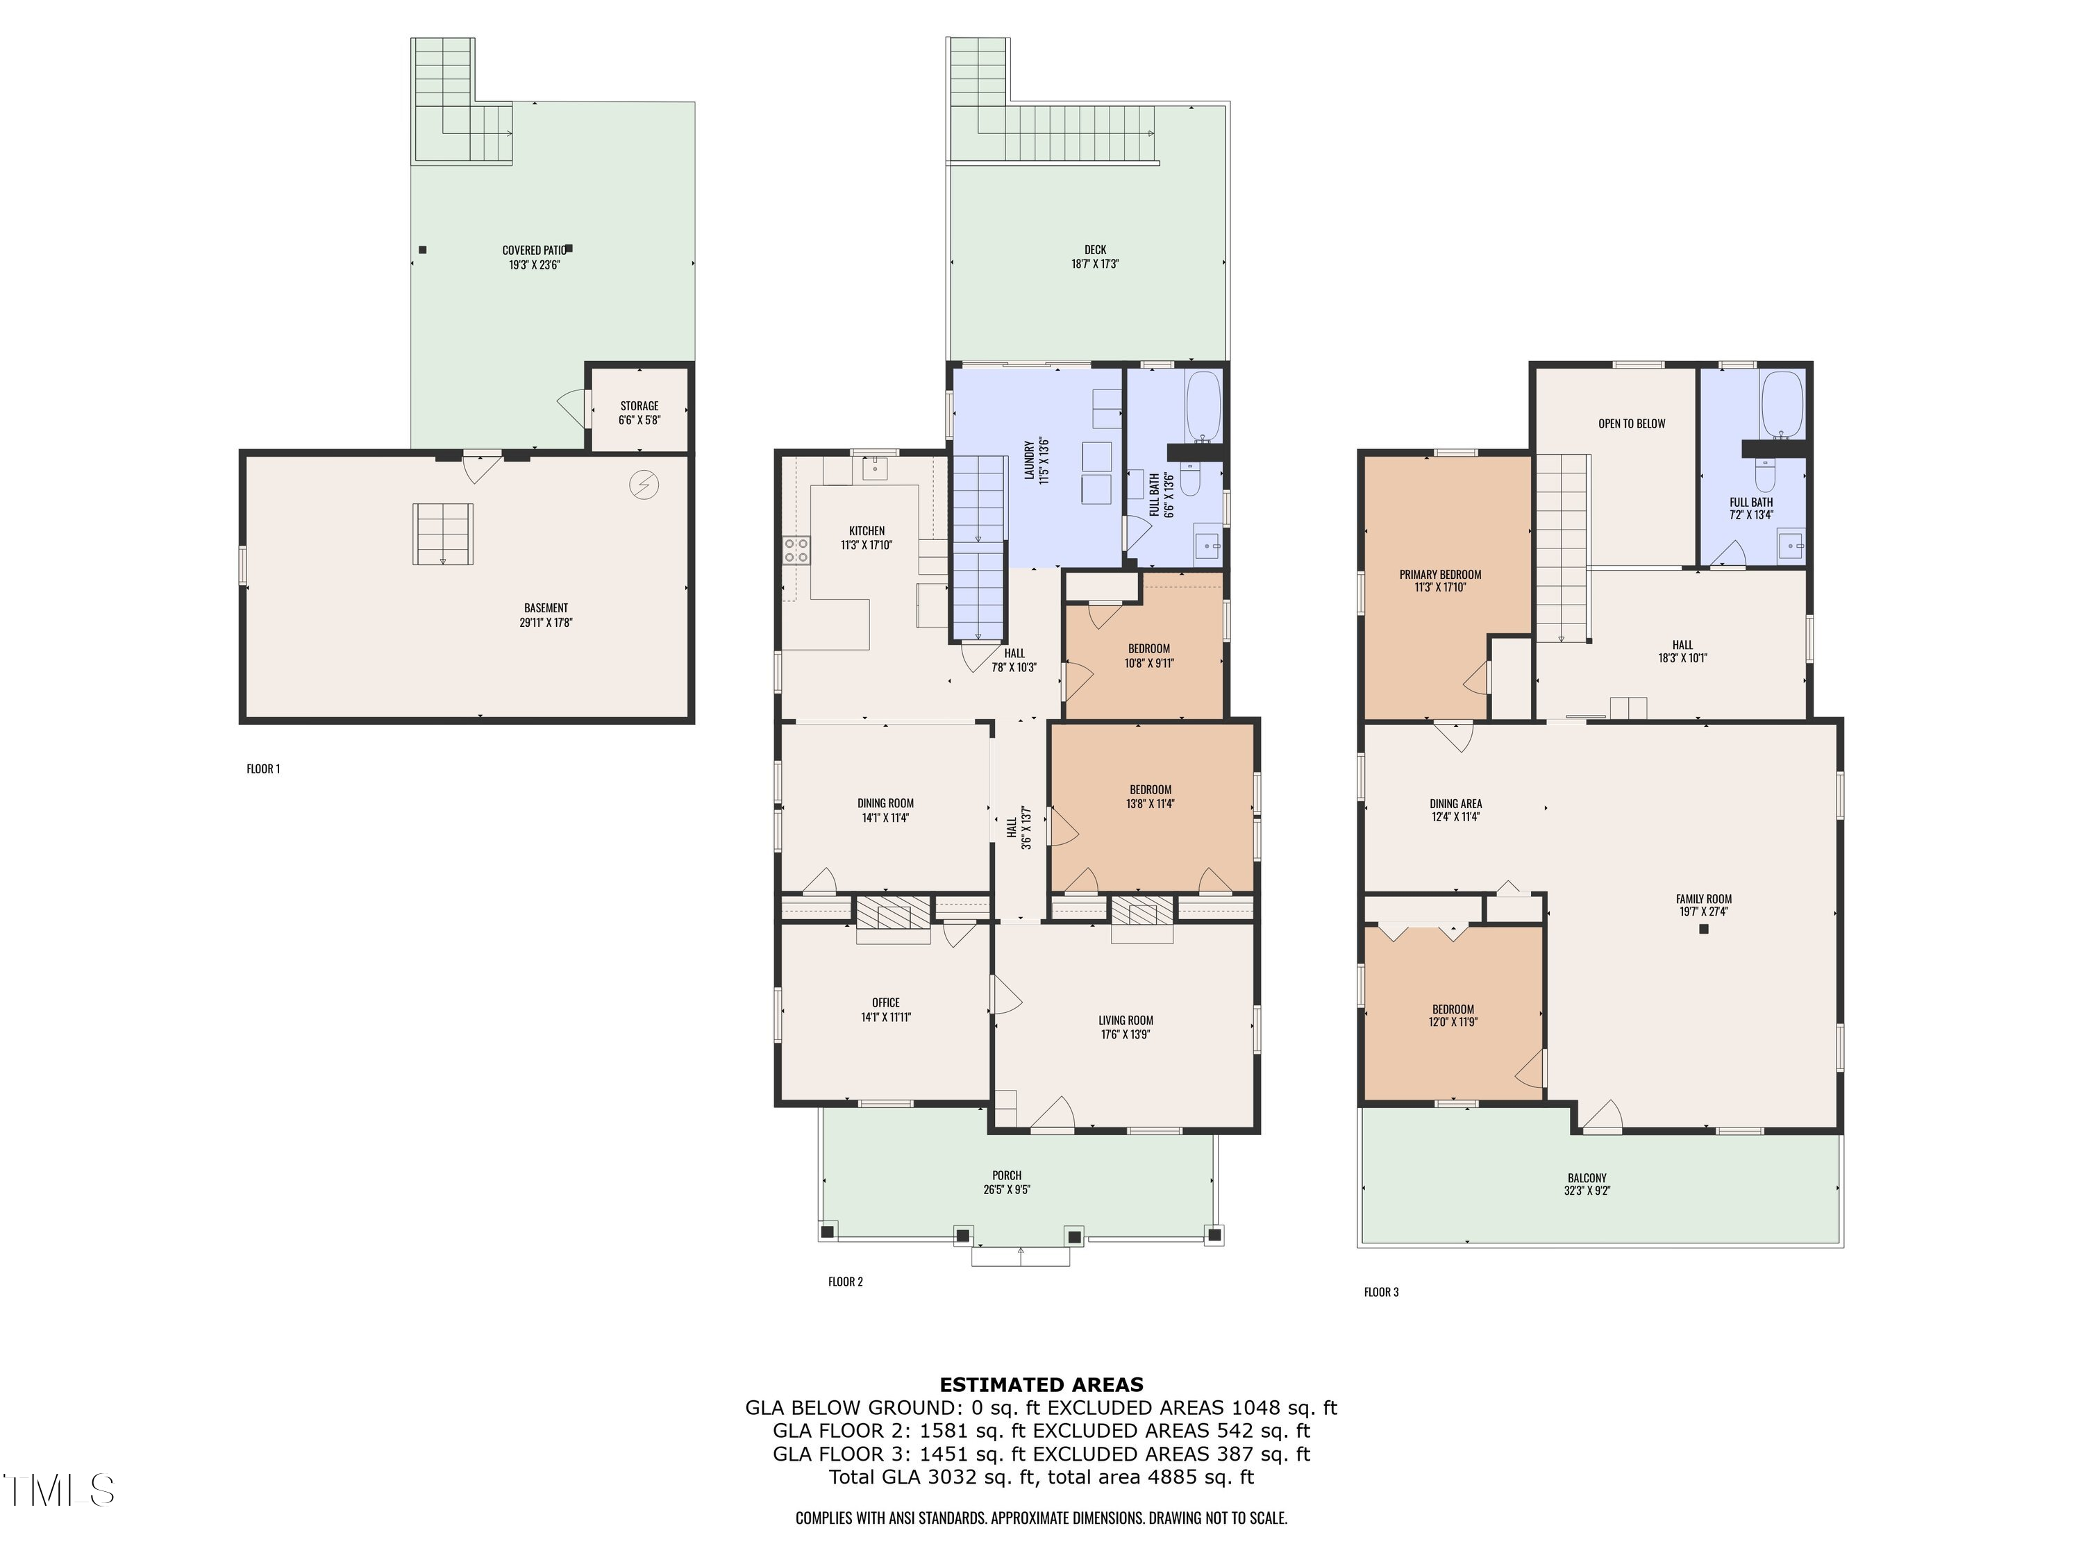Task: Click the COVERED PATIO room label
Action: point(533,251)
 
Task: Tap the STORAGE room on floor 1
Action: point(639,412)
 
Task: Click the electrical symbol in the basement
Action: point(644,485)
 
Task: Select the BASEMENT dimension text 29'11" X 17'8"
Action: point(546,622)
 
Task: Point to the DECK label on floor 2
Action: point(1094,251)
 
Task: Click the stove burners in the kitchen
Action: point(796,550)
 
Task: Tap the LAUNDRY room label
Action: point(1029,460)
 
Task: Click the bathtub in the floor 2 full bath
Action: point(1203,408)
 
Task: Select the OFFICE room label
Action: point(885,1002)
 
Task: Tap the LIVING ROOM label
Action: point(1126,1020)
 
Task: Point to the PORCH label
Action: point(1007,1175)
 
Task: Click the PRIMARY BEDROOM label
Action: point(1440,574)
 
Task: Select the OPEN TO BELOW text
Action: point(1631,423)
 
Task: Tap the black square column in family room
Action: point(1703,930)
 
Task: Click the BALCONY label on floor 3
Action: point(1587,1178)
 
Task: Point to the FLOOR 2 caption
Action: point(845,1282)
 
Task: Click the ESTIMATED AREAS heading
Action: point(1041,1385)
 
